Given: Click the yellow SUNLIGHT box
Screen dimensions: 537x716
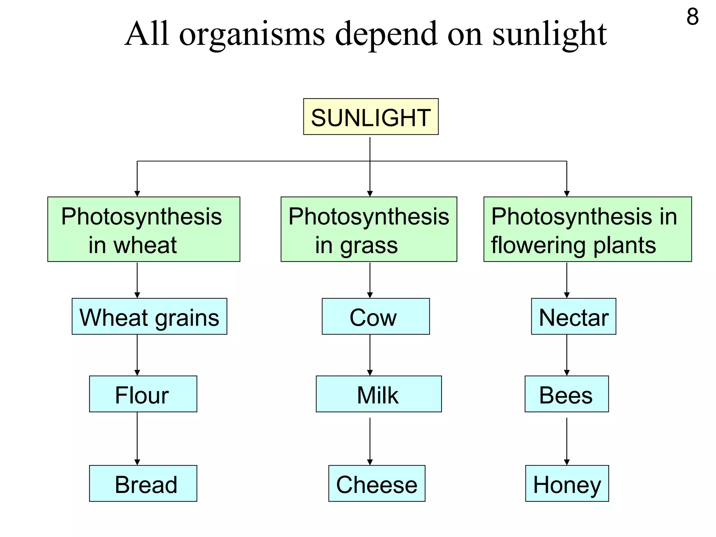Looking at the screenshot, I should click(371, 117).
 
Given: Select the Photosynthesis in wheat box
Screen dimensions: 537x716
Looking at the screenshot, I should click(144, 229).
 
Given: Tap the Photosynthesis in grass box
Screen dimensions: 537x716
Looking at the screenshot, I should click(369, 229).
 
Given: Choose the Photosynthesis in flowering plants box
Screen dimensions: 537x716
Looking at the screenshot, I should click(587, 229).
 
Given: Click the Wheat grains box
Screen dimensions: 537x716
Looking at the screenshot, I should click(149, 316).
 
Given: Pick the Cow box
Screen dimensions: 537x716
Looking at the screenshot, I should click(375, 316).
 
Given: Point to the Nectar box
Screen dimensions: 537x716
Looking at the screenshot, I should click(573, 316).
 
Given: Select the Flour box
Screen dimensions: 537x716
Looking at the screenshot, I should click(143, 394).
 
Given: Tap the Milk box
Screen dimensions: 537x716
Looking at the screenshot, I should click(379, 394).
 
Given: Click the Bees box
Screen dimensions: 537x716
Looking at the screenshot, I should click(566, 394).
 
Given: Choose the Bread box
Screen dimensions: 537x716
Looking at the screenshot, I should click(143, 484).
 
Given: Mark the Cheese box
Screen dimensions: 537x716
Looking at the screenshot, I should click(377, 484).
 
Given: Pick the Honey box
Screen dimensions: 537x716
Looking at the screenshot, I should click(567, 484).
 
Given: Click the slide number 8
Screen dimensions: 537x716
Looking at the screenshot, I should click(692, 16).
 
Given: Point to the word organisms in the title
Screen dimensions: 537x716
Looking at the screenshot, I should click(252, 34).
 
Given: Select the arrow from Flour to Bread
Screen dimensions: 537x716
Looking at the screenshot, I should click(137, 439).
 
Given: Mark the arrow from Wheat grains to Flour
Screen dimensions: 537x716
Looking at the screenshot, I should click(137, 355).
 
